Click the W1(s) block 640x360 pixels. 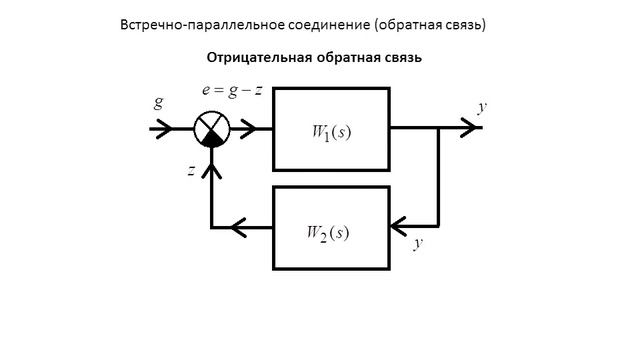tap(330, 129)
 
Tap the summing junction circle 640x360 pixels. tap(211, 129)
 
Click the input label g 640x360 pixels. tap(159, 103)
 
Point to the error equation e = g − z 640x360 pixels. tap(232, 91)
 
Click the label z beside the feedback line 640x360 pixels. tap(191, 171)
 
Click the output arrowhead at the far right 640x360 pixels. tap(469, 129)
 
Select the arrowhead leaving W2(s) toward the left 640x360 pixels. tap(239, 228)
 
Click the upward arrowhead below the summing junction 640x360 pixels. tap(211, 171)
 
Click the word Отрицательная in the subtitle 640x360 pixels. tap(251, 58)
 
